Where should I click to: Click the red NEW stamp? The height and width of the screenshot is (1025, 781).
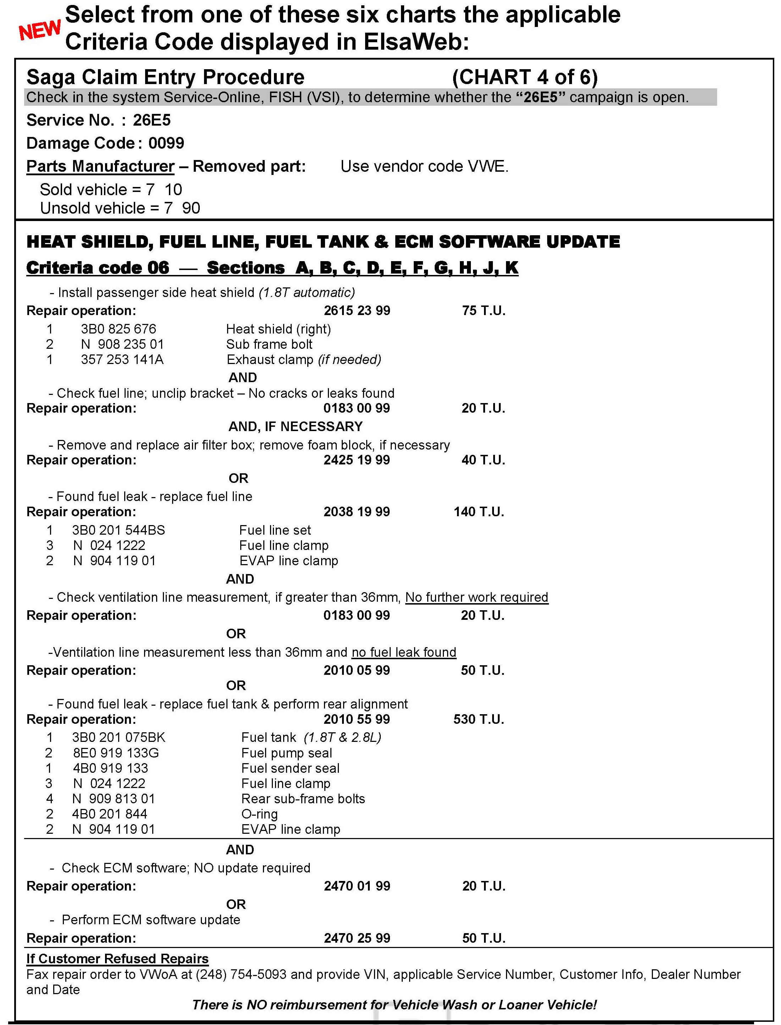[x=39, y=30]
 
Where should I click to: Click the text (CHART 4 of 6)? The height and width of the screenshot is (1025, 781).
[x=524, y=77]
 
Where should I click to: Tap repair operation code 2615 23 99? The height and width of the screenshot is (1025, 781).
[x=357, y=310]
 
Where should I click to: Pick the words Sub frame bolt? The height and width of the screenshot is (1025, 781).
[x=269, y=345]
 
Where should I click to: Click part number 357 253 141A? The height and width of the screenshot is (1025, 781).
[x=122, y=360]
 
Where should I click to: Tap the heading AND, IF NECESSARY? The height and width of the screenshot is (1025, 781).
[x=295, y=426]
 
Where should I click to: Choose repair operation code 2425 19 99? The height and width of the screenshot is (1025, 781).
[x=357, y=460]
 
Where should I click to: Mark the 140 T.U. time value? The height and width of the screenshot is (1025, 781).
[x=479, y=512]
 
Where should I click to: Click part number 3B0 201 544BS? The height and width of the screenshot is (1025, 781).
[x=118, y=530]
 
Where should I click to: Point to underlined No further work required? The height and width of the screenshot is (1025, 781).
[x=477, y=597]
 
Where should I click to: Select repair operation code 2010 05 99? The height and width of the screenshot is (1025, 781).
[x=357, y=670]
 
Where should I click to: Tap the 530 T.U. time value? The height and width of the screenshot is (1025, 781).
[x=479, y=720]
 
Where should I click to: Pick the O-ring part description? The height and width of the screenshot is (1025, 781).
[x=259, y=814]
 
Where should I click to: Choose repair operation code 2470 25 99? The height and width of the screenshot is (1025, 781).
[x=357, y=938]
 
